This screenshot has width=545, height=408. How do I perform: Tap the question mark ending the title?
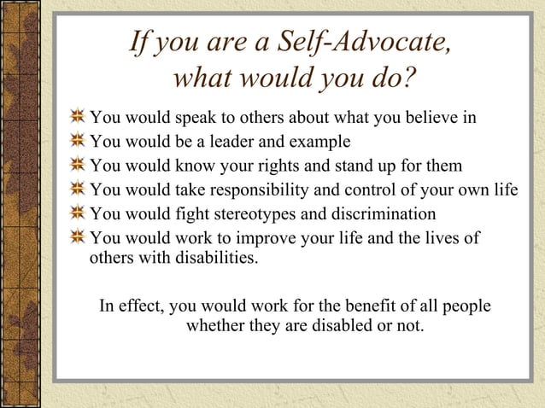coord(409,80)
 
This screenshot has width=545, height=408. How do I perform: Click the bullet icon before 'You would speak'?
coord(78,117)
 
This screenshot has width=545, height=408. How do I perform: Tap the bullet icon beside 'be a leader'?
coord(78,141)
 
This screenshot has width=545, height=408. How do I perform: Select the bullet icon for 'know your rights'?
coord(78,165)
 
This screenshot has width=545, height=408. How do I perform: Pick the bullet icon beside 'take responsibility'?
coord(78,189)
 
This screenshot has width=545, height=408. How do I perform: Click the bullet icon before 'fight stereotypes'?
coord(78,213)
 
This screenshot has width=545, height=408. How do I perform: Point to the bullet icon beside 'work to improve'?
coord(78,236)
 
